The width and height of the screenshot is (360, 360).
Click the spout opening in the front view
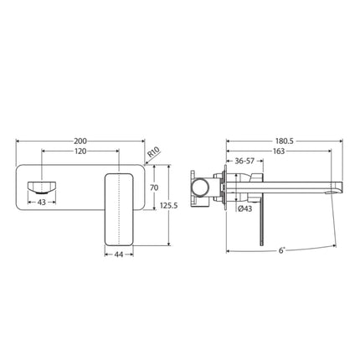(39, 186)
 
